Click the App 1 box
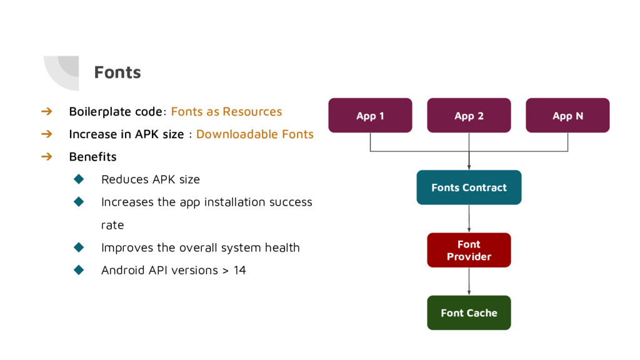pyautogui.click(x=370, y=116)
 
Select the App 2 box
pyautogui.click(x=469, y=116)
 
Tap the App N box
pyautogui.click(x=567, y=116)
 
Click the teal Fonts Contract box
pyautogui.click(x=469, y=187)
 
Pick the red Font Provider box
pyautogui.click(x=469, y=250)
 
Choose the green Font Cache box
pyautogui.click(x=469, y=312)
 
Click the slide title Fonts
pyautogui.click(x=117, y=72)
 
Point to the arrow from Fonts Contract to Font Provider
pyautogui.click(x=469, y=219)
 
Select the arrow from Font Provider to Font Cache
pyautogui.click(x=469, y=282)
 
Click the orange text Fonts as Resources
pyautogui.click(x=226, y=111)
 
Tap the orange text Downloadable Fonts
pyautogui.click(x=255, y=134)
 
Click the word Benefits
pyautogui.click(x=92, y=157)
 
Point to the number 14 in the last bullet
pyautogui.click(x=239, y=270)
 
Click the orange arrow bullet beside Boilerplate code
pyautogui.click(x=46, y=111)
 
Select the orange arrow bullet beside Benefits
pyautogui.click(x=46, y=156)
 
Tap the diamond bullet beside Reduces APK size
pyautogui.click(x=79, y=179)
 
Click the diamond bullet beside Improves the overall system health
pyautogui.click(x=79, y=247)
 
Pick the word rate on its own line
pyautogui.click(x=112, y=225)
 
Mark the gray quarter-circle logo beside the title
pyautogui.click(x=61, y=73)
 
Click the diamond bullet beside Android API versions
pyautogui.click(x=79, y=270)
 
